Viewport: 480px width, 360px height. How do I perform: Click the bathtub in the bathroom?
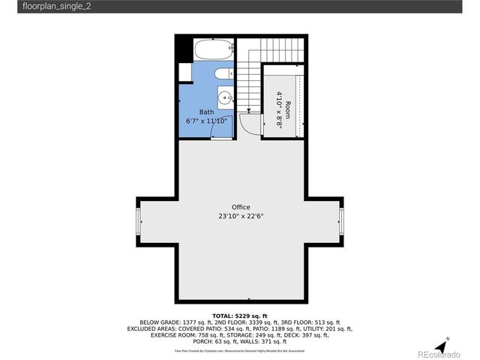[x=213, y=52]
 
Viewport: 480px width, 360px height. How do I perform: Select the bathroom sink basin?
[x=225, y=97]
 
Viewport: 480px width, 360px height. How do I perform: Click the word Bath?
[x=206, y=112]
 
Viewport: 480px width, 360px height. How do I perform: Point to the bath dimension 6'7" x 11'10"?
[x=207, y=120]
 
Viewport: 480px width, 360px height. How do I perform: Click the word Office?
[x=241, y=207]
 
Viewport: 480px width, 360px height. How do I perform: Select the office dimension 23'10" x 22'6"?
[x=241, y=216]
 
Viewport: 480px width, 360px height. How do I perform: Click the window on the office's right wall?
[x=342, y=221]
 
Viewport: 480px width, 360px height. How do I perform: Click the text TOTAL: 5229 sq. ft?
[x=240, y=316]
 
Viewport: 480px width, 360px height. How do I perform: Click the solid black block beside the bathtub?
[x=183, y=50]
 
